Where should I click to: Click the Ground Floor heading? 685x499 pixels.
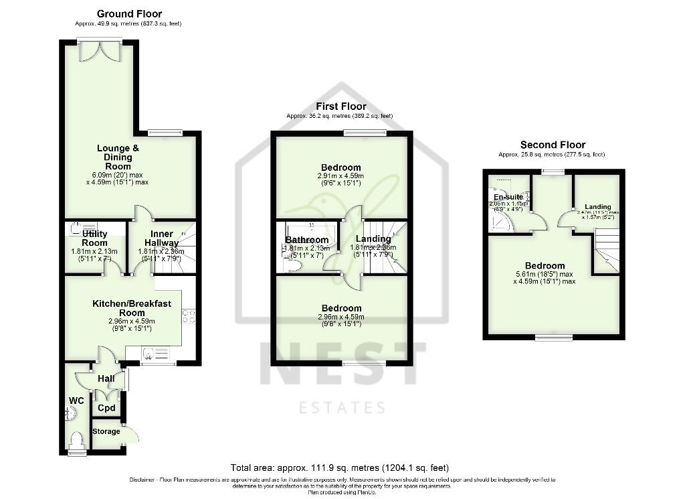coord(129,13)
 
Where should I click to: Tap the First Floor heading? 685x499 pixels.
coord(341,106)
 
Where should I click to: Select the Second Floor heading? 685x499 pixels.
coord(553,145)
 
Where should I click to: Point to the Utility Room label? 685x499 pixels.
coord(94,238)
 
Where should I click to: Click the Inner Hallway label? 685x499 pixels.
coord(161,238)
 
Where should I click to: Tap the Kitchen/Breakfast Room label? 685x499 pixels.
coord(131,308)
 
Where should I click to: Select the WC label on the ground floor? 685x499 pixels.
coord(76,401)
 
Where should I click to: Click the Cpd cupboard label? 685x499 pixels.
coord(106,408)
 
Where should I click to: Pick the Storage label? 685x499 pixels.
coord(106,431)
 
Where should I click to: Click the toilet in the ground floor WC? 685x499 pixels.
coord(77,441)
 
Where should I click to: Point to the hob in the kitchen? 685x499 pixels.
coord(189,315)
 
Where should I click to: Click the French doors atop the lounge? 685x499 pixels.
coord(100,49)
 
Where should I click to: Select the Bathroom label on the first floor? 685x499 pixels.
coord(307,240)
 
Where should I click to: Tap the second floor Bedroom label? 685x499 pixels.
coord(545,266)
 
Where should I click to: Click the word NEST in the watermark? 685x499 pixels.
coord(342,366)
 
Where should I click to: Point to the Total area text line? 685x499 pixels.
coord(340,468)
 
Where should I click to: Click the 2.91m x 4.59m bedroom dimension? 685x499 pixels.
coord(340,176)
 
